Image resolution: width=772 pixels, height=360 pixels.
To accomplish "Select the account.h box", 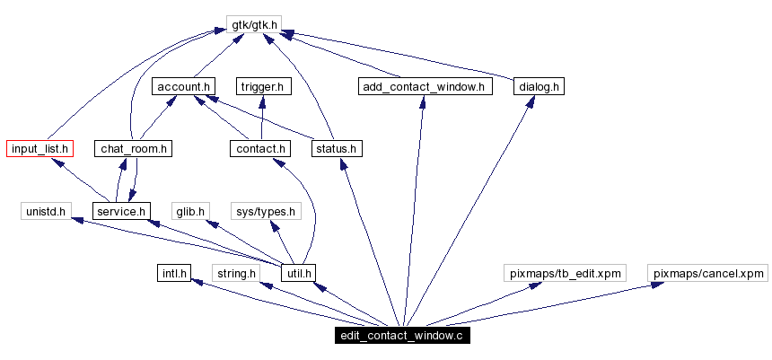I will point(183,87).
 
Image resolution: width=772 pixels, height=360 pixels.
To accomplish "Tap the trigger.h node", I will point(264,87).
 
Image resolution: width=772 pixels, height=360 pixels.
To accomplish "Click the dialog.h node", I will point(539,87).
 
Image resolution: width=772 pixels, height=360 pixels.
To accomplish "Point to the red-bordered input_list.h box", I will point(39,148).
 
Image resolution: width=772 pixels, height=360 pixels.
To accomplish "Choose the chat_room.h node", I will point(134,148).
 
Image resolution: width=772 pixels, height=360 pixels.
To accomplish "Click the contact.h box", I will point(259,148).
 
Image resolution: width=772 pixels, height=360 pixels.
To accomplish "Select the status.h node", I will point(337,148).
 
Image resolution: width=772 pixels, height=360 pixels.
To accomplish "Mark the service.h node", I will point(121,211).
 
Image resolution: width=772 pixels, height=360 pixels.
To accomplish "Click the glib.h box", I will point(190,211).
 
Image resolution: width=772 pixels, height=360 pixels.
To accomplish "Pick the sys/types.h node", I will point(264,211).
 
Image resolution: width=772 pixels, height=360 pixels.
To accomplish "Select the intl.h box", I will point(171,272).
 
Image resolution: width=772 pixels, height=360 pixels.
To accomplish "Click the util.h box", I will point(299,272).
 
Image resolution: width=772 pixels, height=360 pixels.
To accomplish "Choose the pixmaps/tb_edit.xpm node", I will point(564,272).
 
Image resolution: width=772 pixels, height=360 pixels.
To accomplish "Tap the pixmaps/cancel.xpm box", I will point(708,272).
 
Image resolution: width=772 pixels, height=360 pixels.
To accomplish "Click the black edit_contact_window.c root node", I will point(400,337).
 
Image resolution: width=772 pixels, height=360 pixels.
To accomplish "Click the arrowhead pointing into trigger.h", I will point(263,101).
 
